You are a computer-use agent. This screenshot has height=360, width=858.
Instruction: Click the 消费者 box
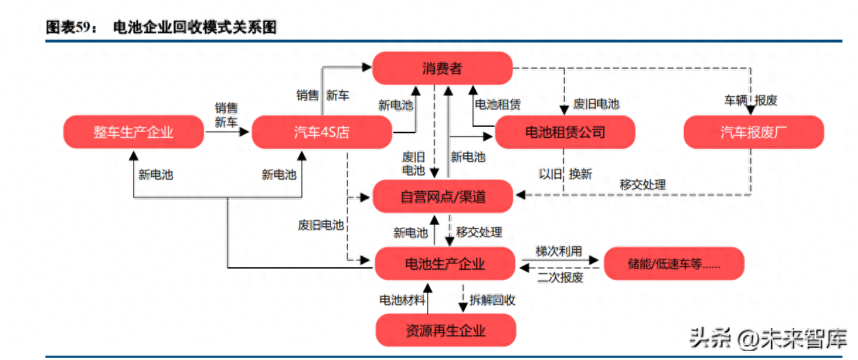tap(443, 69)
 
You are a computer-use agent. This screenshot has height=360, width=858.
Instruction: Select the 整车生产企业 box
tap(133, 133)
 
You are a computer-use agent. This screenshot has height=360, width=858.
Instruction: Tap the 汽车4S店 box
tap(322, 133)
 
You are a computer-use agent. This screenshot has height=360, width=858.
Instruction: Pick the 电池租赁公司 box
tap(565, 133)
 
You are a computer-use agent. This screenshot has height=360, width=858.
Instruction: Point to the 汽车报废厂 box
tap(754, 133)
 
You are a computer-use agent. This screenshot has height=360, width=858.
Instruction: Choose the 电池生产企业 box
tap(444, 264)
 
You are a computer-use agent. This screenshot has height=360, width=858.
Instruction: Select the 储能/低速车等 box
tap(674, 264)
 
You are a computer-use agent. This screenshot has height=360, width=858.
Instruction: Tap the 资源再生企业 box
tap(446, 330)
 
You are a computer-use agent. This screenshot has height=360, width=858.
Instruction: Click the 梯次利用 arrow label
tap(558, 251)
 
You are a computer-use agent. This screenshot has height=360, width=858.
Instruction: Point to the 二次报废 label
tap(560, 278)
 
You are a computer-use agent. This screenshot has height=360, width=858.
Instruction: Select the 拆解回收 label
tap(492, 300)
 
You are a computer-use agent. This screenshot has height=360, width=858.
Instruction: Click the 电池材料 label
tap(402, 300)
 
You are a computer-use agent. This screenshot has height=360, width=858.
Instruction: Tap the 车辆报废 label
tap(750, 101)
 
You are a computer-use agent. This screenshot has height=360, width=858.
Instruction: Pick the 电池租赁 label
tap(497, 105)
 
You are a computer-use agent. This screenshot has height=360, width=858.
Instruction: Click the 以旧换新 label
tap(565, 174)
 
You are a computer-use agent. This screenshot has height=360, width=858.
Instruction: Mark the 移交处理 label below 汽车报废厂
tap(643, 184)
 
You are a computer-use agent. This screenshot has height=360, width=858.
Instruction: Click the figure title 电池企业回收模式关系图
tap(194, 28)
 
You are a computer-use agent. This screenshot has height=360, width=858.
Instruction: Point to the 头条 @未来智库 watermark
tap(768, 339)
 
